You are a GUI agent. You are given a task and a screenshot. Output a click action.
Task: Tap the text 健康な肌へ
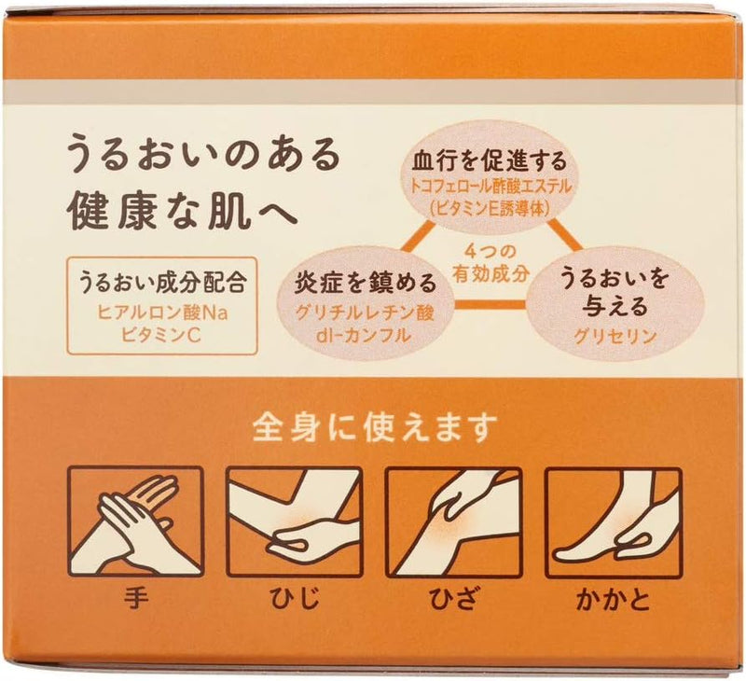click(183, 212)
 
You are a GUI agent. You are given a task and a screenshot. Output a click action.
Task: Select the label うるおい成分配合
click(162, 283)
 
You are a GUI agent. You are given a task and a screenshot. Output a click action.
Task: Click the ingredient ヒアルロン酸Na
click(162, 313)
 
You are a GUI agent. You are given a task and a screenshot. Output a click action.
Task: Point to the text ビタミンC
click(161, 336)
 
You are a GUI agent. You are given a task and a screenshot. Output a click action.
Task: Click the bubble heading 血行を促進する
click(490, 161)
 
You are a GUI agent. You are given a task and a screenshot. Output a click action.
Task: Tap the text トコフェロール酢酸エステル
click(490, 187)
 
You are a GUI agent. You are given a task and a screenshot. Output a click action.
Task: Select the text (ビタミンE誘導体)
click(490, 208)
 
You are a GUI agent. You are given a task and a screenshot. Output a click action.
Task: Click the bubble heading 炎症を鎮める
click(366, 283)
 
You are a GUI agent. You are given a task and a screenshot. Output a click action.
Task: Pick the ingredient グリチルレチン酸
click(366, 313)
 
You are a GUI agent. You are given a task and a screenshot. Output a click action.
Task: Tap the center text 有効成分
click(490, 273)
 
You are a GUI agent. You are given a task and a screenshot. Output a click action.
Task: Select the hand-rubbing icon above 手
click(135, 522)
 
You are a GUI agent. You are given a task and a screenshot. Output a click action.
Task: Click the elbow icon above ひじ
click(294, 522)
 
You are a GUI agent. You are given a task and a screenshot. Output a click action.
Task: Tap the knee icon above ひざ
click(453, 522)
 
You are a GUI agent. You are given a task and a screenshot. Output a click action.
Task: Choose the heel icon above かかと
click(614, 522)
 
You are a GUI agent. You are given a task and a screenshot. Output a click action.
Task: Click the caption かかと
click(614, 600)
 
